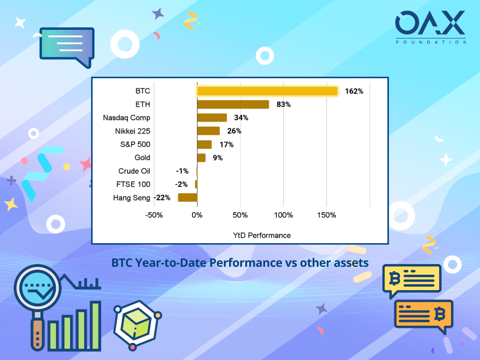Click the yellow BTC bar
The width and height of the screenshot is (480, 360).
(x=267, y=91)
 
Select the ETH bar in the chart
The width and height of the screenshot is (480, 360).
(x=233, y=104)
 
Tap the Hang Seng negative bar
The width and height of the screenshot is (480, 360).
(x=188, y=198)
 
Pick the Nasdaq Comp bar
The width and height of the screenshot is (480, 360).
(x=212, y=118)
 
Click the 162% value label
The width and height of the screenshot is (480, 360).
(x=354, y=91)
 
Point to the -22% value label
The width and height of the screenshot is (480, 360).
(x=162, y=198)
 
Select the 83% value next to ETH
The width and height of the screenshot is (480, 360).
(x=284, y=104)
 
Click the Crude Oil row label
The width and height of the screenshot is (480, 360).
(x=134, y=171)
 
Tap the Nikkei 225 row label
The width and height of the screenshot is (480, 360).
(x=133, y=131)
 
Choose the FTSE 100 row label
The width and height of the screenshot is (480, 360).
(x=133, y=184)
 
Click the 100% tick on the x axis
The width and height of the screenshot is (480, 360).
(x=284, y=215)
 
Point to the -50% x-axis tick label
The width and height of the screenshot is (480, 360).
(x=154, y=215)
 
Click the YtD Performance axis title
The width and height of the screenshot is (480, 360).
(x=262, y=236)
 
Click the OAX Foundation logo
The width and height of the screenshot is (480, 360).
(x=430, y=27)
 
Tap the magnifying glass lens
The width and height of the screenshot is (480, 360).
(x=38, y=288)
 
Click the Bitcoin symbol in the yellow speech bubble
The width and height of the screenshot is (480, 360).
(x=395, y=278)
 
